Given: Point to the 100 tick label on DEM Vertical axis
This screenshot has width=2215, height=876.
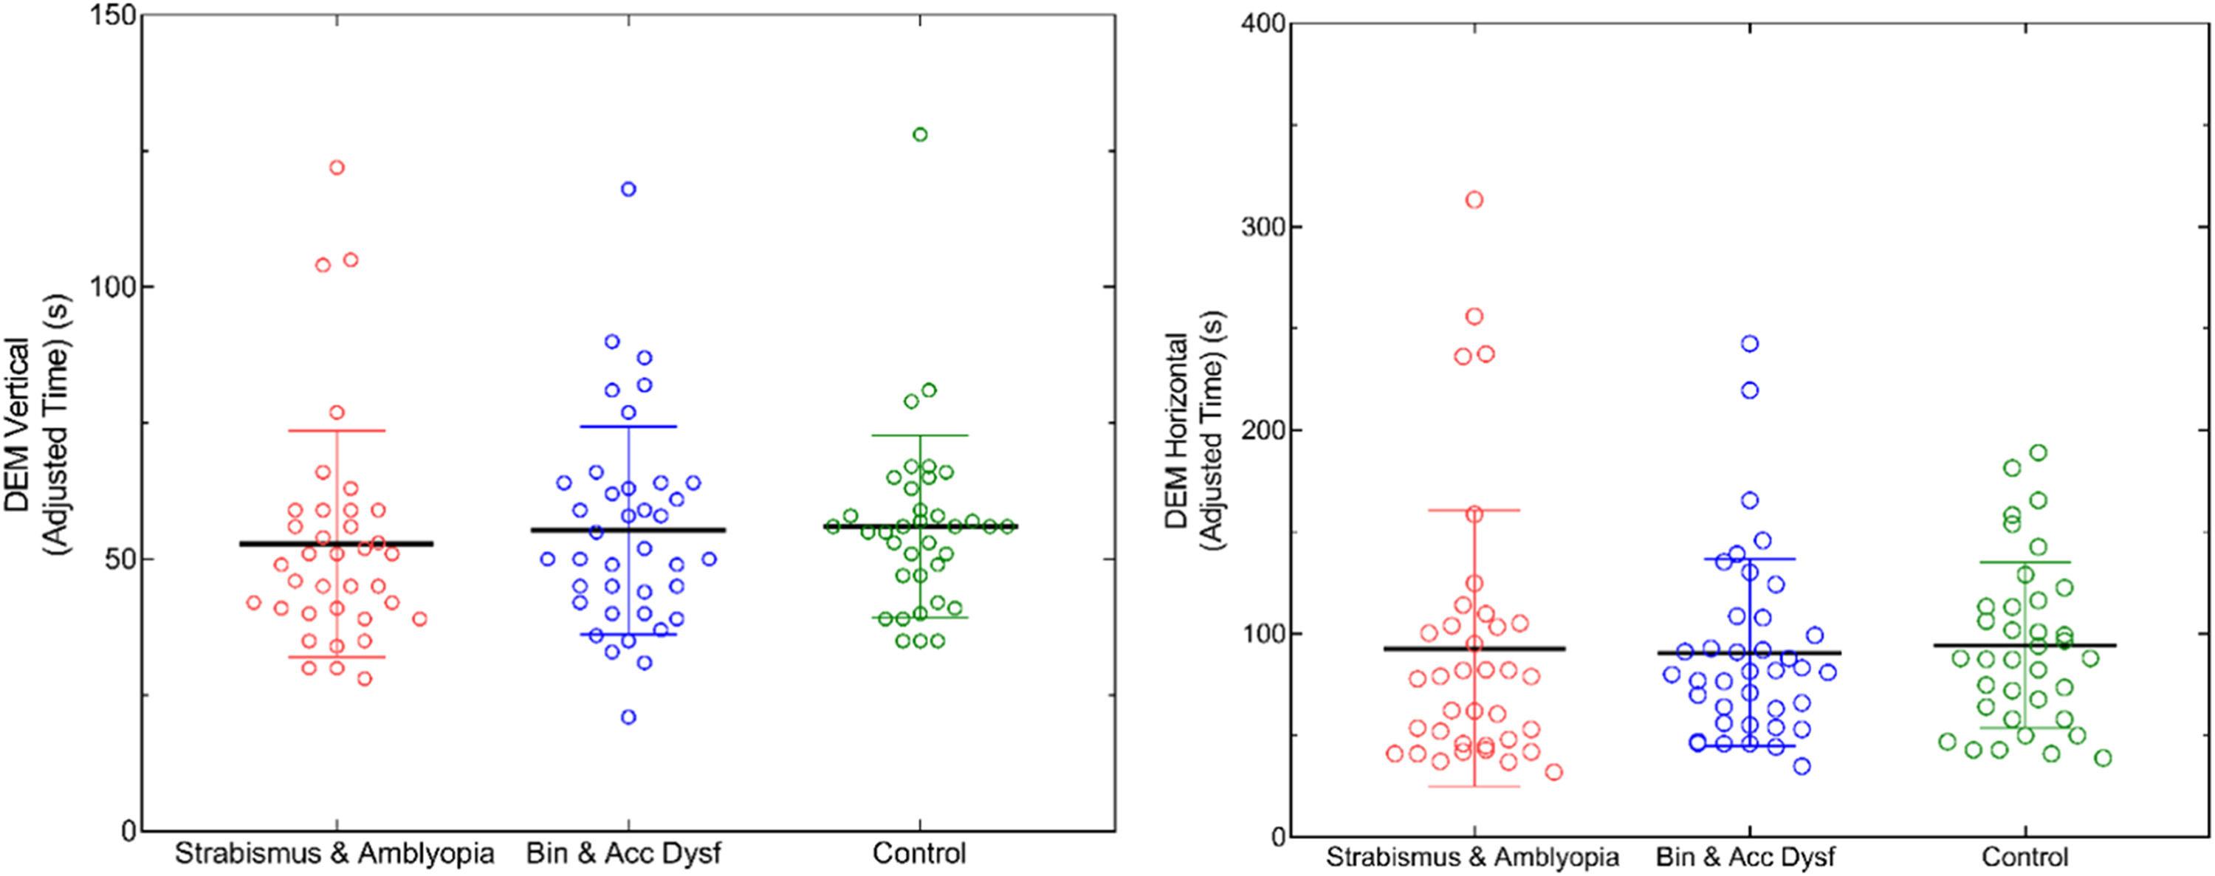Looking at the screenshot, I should pyautogui.click(x=111, y=287).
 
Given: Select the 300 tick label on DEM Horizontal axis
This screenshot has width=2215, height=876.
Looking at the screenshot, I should pyautogui.click(x=1260, y=227).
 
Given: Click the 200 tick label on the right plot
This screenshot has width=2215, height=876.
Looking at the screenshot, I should pyautogui.click(x=1260, y=430).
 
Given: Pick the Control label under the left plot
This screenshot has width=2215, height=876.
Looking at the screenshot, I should pyautogui.click(x=919, y=854).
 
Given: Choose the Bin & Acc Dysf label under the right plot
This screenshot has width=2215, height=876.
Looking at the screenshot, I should pyautogui.click(x=1749, y=857).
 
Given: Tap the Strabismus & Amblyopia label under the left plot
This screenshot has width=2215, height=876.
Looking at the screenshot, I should pyautogui.click(x=335, y=854).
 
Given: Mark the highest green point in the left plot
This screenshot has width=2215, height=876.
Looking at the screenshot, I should pyautogui.click(x=920, y=134).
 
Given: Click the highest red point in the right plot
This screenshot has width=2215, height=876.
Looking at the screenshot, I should pyautogui.click(x=1474, y=200).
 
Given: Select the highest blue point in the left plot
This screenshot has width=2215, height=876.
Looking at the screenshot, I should pyautogui.click(x=628, y=189).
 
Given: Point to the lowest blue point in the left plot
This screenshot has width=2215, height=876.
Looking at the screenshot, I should pyautogui.click(x=628, y=717).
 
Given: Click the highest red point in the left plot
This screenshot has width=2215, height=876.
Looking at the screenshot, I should pyautogui.click(x=337, y=167).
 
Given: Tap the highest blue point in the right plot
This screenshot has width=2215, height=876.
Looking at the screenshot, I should pyautogui.click(x=1750, y=344).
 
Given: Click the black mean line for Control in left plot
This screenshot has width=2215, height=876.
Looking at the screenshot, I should pyautogui.click(x=919, y=526).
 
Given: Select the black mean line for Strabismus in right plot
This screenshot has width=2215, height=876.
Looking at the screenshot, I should pyautogui.click(x=1474, y=648).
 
